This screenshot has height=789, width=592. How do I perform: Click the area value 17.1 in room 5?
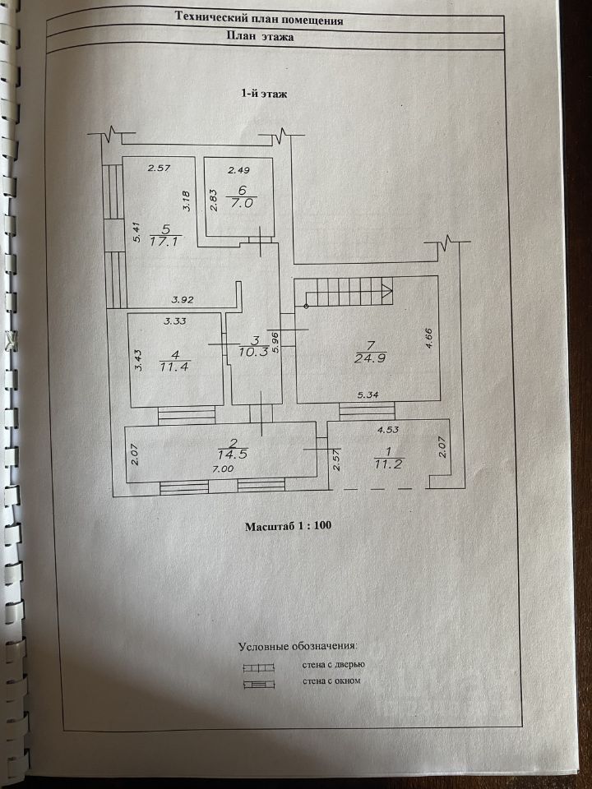tap(165, 241)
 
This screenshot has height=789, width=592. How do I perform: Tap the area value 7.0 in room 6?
tap(242, 203)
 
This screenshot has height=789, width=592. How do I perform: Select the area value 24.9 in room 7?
tap(370, 358)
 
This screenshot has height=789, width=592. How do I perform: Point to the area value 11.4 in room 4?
tap(174, 367)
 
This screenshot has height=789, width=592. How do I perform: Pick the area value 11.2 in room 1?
tap(388, 464)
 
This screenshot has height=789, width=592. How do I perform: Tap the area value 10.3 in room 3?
tap(253, 352)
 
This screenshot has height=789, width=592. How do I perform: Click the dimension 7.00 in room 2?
tap(223, 469)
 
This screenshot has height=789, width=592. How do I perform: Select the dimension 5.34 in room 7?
tap(368, 395)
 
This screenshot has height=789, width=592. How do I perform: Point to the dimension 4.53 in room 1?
tap(388, 430)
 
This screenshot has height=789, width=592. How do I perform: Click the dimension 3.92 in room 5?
tap(183, 300)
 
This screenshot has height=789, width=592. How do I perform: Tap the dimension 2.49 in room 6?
tap(238, 170)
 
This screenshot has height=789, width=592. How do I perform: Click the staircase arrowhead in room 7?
tap(388, 291)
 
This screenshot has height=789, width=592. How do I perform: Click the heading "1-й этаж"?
tap(264, 94)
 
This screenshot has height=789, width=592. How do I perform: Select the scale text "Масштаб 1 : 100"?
tap(288, 526)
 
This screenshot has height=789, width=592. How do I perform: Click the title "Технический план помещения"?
tap(259, 19)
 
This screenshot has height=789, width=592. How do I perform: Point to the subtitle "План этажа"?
tap(261, 36)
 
